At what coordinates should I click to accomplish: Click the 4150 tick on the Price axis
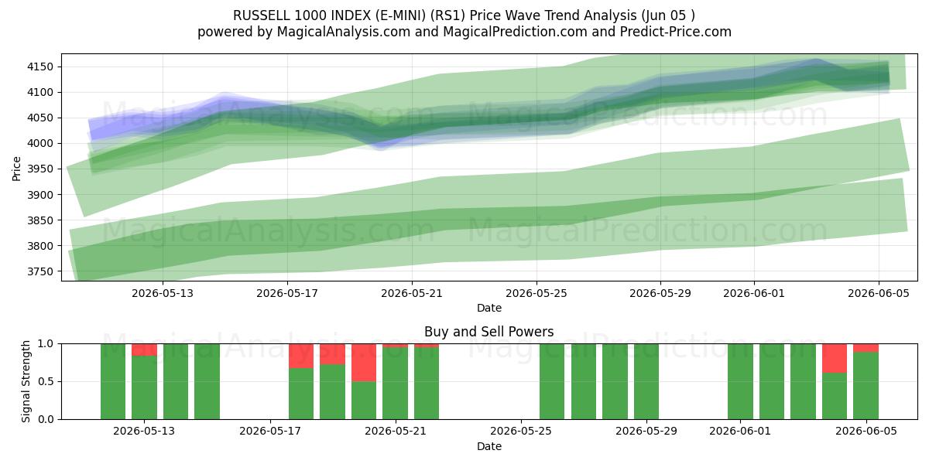pyautogui.click(x=40, y=67)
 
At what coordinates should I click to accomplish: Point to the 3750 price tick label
pyautogui.click(x=40, y=271)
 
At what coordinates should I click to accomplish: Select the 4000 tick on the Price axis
pyautogui.click(x=40, y=143)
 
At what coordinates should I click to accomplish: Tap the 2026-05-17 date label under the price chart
pyautogui.click(x=287, y=293)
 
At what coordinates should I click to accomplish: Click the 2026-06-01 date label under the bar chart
pyautogui.click(x=740, y=431)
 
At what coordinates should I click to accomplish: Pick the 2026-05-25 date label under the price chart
pyautogui.click(x=536, y=293)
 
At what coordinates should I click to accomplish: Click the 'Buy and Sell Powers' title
pyautogui.click(x=489, y=332)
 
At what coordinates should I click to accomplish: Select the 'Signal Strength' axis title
pyautogui.click(x=26, y=381)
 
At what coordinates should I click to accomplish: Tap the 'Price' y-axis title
pyautogui.click(x=16, y=169)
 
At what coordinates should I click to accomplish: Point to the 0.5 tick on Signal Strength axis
pyautogui.click(x=46, y=381)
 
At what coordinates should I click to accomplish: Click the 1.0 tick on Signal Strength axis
pyautogui.click(x=46, y=343)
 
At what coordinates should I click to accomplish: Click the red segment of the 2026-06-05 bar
pyautogui.click(x=866, y=348)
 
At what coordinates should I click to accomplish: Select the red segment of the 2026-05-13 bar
pyautogui.click(x=144, y=350)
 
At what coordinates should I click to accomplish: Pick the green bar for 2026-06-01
pyautogui.click(x=740, y=381)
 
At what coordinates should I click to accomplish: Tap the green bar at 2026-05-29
pyautogui.click(x=646, y=381)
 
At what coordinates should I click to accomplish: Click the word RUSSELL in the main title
pyautogui.click(x=262, y=15)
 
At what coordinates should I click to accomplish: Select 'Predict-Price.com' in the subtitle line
pyautogui.click(x=676, y=32)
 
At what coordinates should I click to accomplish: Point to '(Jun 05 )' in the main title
pyautogui.click(x=668, y=15)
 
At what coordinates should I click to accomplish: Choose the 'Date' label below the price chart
pyautogui.click(x=489, y=308)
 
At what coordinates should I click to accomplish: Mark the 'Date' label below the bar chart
pyautogui.click(x=489, y=446)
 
